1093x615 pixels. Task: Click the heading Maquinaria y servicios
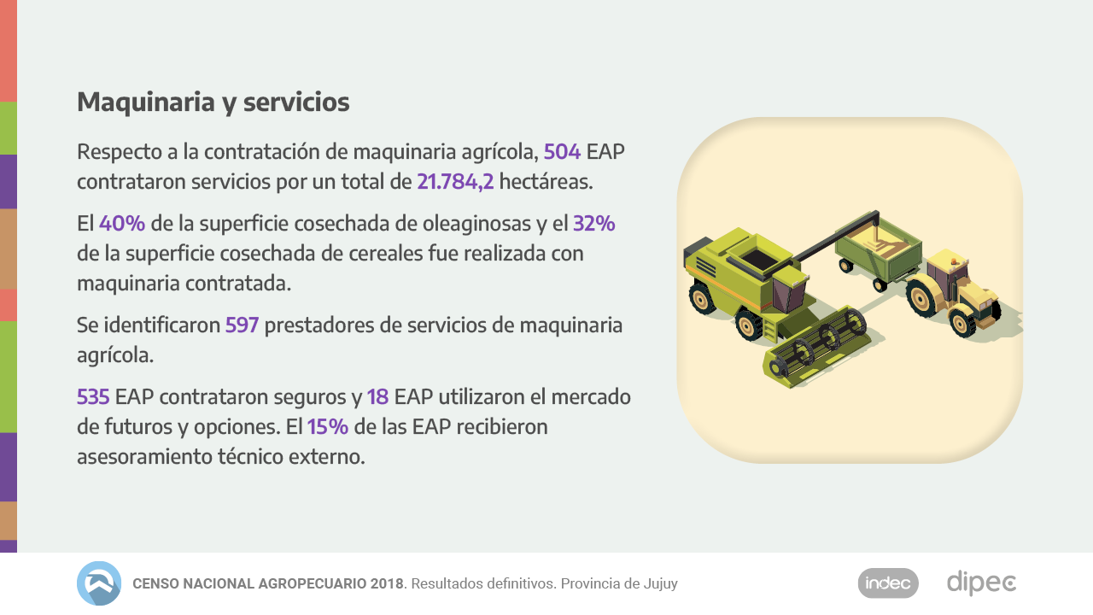(x=213, y=102)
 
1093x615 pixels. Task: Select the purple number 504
(x=562, y=152)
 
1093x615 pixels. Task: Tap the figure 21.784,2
(x=455, y=182)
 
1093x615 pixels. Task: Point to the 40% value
(x=121, y=224)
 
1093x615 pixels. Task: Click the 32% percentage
(x=593, y=224)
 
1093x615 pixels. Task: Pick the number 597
(x=242, y=325)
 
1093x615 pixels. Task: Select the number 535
(x=93, y=397)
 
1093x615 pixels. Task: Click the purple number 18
(x=377, y=397)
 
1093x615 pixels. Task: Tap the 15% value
(x=327, y=426)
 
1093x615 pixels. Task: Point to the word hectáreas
(x=546, y=182)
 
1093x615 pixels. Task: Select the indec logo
(x=888, y=583)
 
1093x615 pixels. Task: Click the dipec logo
(x=981, y=583)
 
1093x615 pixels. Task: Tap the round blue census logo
(x=99, y=583)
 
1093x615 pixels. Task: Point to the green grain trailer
(x=880, y=256)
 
